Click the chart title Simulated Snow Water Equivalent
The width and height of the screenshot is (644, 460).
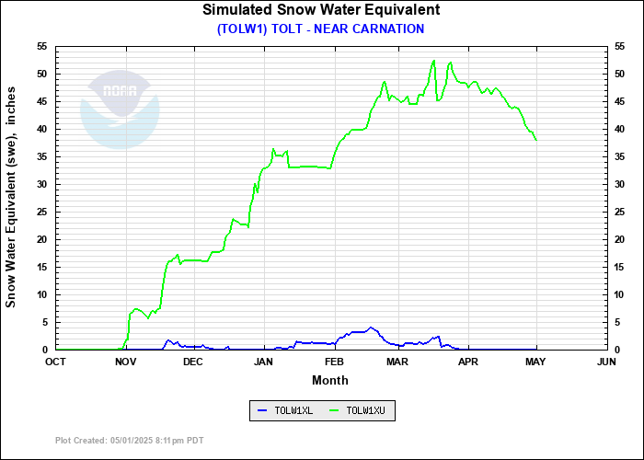(x=321, y=10)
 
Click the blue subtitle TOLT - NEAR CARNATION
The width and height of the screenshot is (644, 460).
(x=321, y=29)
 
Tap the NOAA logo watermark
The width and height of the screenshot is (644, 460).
(x=120, y=110)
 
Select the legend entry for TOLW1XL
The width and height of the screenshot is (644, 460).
(x=284, y=410)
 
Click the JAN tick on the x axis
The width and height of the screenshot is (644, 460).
(x=264, y=362)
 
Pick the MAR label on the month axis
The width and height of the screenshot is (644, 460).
(x=397, y=362)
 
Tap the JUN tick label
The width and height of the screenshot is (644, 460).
(x=605, y=362)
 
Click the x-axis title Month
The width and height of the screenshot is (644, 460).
(x=329, y=380)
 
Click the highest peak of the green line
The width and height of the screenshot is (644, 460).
(x=433, y=61)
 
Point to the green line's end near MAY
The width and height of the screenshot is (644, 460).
(x=536, y=140)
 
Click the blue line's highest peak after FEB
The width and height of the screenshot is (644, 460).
(x=370, y=328)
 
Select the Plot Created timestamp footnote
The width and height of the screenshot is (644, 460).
(x=129, y=441)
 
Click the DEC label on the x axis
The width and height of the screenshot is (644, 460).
(x=193, y=362)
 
